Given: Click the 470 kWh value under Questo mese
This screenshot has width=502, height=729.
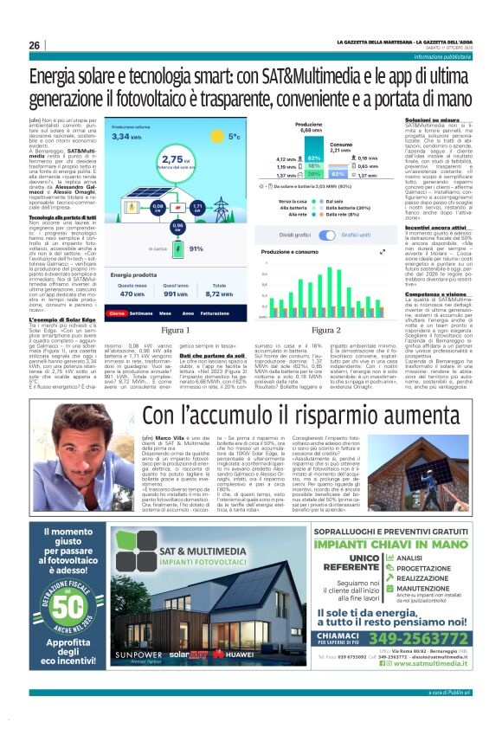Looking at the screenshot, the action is [132, 294].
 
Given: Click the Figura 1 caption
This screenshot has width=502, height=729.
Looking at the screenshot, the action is [176, 330].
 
